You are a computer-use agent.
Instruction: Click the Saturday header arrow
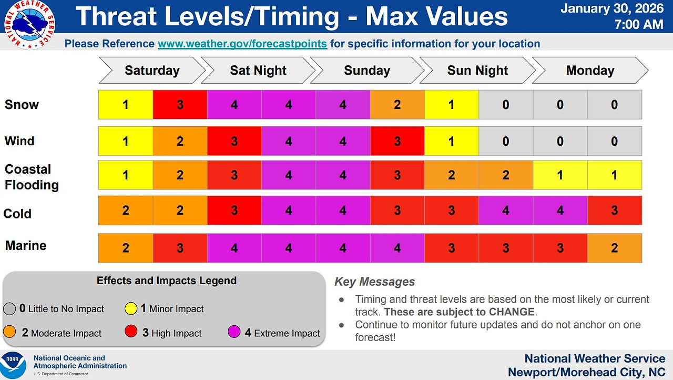pyautogui.click(x=152, y=71)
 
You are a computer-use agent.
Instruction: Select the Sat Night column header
pyautogui.click(x=258, y=71)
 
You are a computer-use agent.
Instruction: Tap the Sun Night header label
pyautogui.click(x=477, y=71)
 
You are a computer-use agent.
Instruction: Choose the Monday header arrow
pyautogui.click(x=590, y=71)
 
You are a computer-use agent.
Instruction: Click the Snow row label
pyautogui.click(x=22, y=105)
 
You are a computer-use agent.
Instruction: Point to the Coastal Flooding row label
pyautogui.click(x=32, y=177)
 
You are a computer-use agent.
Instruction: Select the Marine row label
pyautogui.click(x=26, y=246)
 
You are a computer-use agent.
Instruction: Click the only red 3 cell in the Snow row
pyautogui.click(x=180, y=105)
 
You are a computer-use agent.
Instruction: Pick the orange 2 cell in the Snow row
pyautogui.click(x=397, y=105)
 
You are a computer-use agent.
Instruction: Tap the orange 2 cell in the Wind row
pyautogui.click(x=180, y=141)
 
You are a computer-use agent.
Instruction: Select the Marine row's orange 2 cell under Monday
pyautogui.click(x=615, y=248)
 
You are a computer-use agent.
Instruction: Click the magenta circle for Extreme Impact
pyautogui.click(x=234, y=332)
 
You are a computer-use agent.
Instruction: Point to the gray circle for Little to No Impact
pyautogui.click(x=9, y=309)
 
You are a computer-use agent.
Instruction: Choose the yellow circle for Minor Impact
pyautogui.click(x=131, y=308)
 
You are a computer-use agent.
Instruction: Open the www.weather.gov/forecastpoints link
pyautogui.click(x=242, y=44)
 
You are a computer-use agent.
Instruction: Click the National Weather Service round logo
pyautogui.click(x=29, y=25)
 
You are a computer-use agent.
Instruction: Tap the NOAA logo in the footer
pyautogui.click(x=13, y=365)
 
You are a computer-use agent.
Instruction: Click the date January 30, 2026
pyautogui.click(x=612, y=8)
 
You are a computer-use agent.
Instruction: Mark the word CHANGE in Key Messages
pyautogui.click(x=512, y=312)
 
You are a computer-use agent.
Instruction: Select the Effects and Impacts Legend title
pyautogui.click(x=167, y=281)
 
